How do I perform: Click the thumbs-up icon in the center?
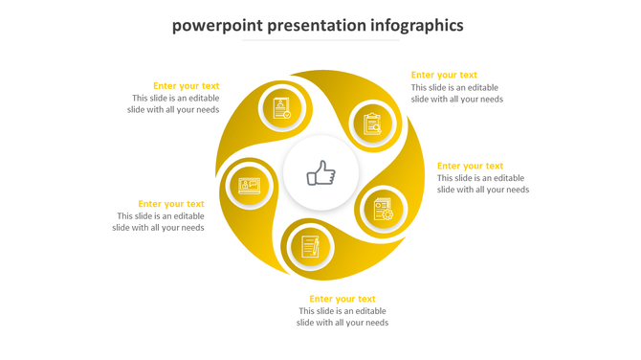[x=320, y=173]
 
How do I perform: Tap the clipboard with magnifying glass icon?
[x=371, y=124]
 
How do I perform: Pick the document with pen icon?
[x=310, y=247]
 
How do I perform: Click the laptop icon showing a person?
[x=250, y=185]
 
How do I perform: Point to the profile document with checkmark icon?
[x=282, y=108]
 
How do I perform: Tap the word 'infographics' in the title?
[x=417, y=26]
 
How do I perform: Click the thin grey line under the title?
[x=320, y=41]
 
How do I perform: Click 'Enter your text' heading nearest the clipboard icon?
[x=444, y=75]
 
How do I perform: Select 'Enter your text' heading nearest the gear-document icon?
[x=470, y=166]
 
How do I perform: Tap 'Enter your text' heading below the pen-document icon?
[x=343, y=299]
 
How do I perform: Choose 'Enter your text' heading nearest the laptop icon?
[x=171, y=203]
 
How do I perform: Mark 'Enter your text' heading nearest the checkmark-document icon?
[x=187, y=85]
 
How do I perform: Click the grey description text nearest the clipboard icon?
[x=457, y=93]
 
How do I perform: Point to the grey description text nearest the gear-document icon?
[x=483, y=184]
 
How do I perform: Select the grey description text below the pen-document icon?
[x=343, y=317]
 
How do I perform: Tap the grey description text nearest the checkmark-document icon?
[x=173, y=103]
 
